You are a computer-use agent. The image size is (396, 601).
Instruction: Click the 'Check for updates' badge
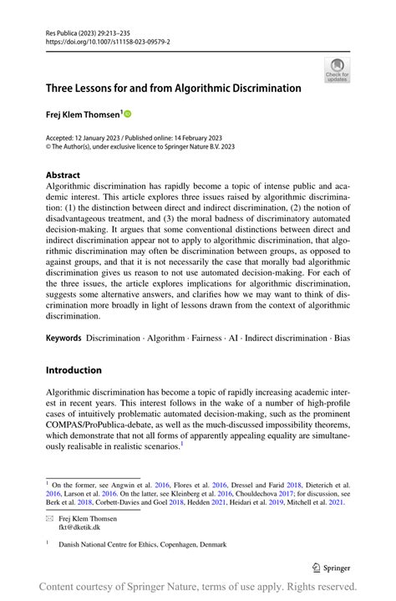337,69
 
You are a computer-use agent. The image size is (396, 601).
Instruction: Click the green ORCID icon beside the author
129,112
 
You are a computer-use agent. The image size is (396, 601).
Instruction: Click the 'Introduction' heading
74,370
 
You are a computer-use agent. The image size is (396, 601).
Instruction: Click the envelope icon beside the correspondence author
49,519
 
